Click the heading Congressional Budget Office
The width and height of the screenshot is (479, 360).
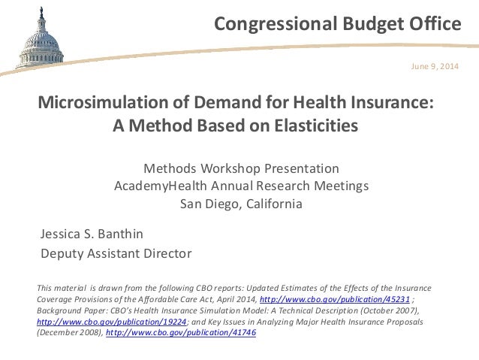point(337,25)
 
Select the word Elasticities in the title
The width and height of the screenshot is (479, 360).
point(308,125)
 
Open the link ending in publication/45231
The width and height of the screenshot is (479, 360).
point(334,298)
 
